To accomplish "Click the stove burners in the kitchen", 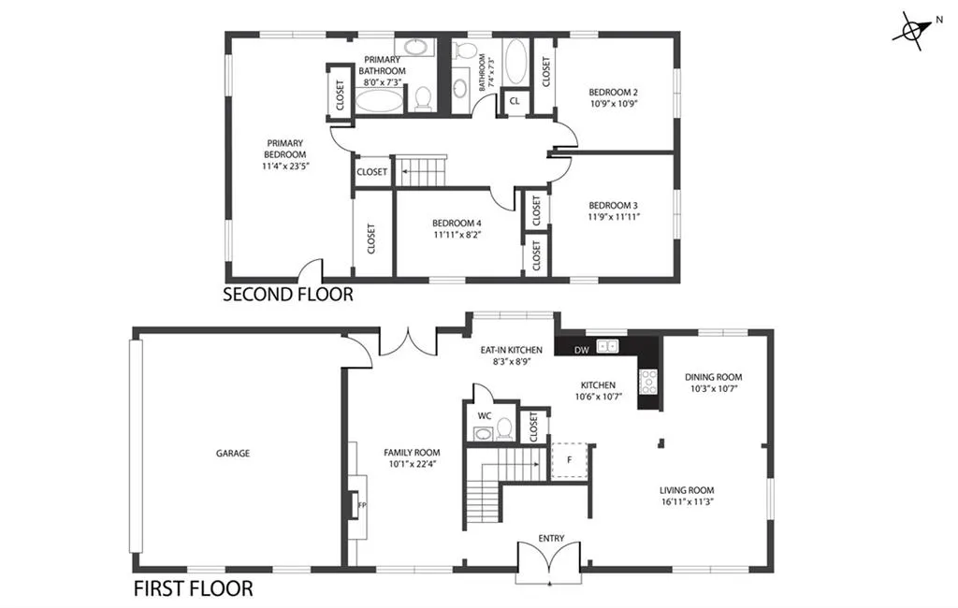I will [646, 380].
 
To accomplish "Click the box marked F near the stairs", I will [568, 460].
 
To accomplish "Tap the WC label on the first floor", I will [484, 414].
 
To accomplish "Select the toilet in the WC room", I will [504, 429].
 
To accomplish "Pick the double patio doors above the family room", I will [408, 343].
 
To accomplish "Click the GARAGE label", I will [233, 454].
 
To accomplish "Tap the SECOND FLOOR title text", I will [288, 295].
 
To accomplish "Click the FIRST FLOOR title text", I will [193, 589].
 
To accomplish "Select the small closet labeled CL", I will [515, 101].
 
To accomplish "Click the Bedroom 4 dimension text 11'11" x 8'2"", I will [457, 236].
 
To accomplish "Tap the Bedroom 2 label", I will [613, 92].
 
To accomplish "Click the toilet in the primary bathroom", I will [423, 98].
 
